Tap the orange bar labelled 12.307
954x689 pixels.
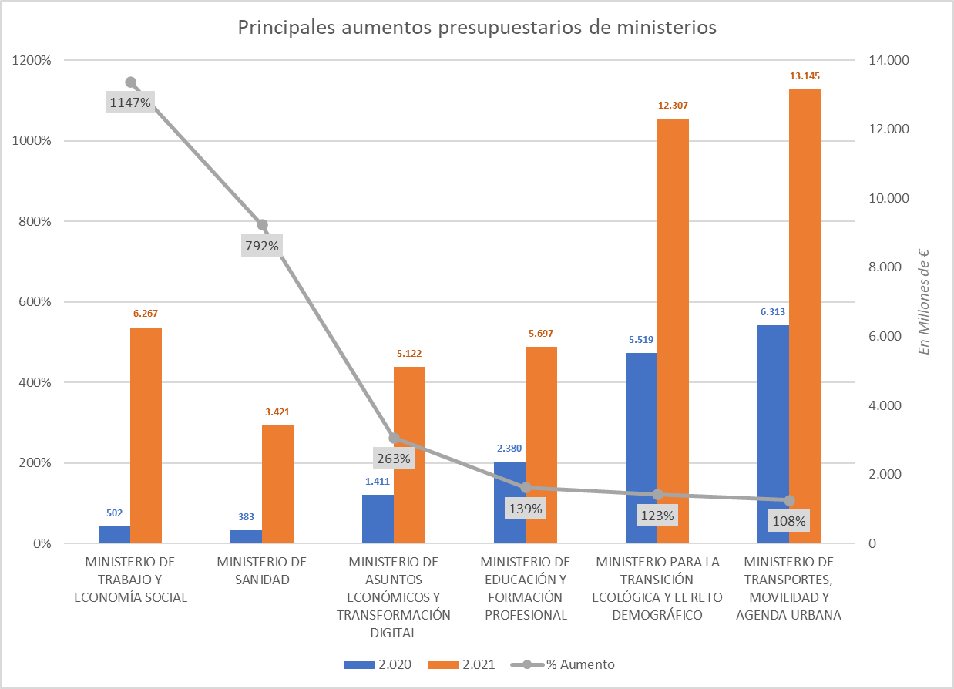[673, 331]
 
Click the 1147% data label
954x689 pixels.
[130, 102]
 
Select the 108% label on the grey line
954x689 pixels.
[789, 521]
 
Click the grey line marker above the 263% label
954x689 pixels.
[394, 438]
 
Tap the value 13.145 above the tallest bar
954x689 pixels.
[805, 76]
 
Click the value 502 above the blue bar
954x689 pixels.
[114, 513]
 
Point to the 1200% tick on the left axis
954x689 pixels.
[32, 60]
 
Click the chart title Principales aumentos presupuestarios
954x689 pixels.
[477, 28]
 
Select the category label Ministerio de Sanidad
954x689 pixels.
[262, 570]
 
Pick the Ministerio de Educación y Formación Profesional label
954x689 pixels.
[525, 588]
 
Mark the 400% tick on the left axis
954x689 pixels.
[35, 382]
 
